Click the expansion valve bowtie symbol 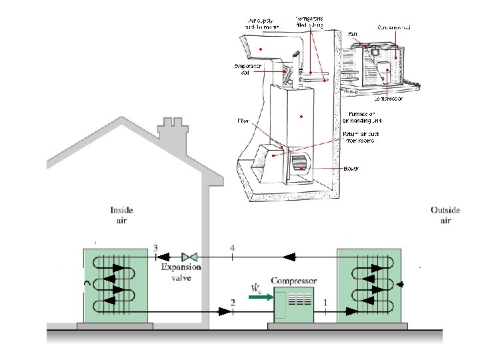[190, 256]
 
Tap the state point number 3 [155, 248]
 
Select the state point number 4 [232, 248]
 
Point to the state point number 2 [232, 303]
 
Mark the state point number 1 [325, 303]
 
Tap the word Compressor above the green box [294, 281]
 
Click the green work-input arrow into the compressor [259, 297]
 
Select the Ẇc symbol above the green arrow [255, 287]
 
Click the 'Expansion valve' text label [181, 272]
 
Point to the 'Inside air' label [126, 215]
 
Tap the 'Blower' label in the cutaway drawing [351, 169]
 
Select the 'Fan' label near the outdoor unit [353, 33]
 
